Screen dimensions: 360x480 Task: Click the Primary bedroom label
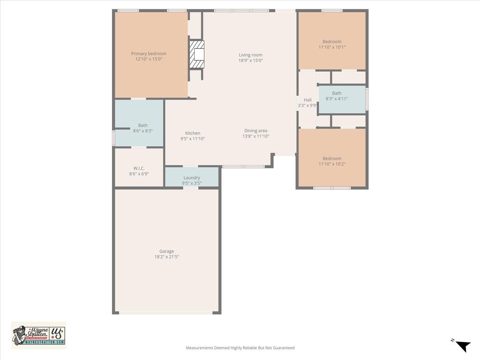click(149, 53)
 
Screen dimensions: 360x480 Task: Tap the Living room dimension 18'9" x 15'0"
click(250, 60)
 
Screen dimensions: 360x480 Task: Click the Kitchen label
click(193, 133)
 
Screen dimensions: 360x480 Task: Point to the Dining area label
click(255, 131)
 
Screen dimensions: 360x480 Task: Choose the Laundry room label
click(192, 178)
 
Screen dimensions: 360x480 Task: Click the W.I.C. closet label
click(139, 168)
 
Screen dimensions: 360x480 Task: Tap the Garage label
click(166, 251)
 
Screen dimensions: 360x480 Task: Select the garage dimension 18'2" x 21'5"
click(166, 257)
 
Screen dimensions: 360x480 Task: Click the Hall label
click(307, 100)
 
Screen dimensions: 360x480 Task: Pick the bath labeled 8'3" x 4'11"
click(337, 96)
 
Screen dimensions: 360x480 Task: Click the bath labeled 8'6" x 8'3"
click(142, 128)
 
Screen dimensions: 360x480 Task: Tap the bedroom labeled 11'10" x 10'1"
click(332, 44)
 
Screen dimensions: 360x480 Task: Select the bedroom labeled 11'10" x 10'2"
click(332, 161)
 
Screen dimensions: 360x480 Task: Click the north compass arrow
click(462, 345)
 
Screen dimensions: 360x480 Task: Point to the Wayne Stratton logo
click(38, 335)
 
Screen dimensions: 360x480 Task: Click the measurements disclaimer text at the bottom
click(240, 348)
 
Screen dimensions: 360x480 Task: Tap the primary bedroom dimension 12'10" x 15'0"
click(149, 60)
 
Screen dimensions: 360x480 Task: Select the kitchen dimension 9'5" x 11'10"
click(193, 139)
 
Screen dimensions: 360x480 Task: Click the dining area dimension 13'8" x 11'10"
click(255, 136)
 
